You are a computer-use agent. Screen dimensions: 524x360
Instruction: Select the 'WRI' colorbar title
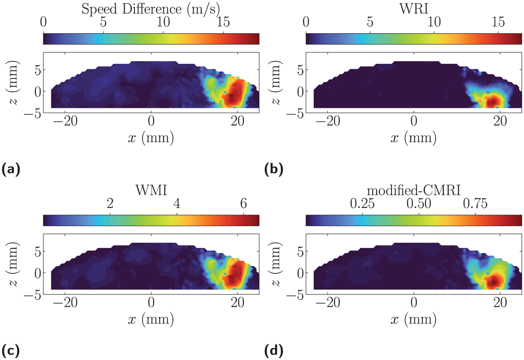(x=413, y=9)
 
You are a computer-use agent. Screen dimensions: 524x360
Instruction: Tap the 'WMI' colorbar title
(x=151, y=191)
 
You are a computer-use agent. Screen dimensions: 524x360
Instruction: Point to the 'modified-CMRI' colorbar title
(x=413, y=191)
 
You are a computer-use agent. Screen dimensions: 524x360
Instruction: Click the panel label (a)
(x=11, y=169)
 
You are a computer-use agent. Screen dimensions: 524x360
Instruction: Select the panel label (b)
(x=274, y=169)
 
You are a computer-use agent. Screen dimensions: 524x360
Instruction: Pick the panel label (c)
(x=10, y=351)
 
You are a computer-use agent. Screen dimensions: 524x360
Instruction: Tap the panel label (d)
(x=274, y=351)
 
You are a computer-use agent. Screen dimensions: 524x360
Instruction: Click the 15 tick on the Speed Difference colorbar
(x=223, y=22)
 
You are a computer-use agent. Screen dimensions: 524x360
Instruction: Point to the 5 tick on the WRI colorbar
(x=370, y=22)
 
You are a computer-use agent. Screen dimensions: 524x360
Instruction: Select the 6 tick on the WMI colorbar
(x=243, y=203)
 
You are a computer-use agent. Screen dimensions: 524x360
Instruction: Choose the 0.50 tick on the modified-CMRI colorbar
(x=419, y=203)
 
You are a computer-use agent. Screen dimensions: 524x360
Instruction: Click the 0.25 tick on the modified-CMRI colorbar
(x=362, y=203)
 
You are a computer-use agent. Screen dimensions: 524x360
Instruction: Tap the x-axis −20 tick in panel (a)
(x=65, y=122)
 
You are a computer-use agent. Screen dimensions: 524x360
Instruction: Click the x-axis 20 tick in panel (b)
(x=500, y=122)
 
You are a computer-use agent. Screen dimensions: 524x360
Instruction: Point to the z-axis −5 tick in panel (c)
(x=33, y=296)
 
